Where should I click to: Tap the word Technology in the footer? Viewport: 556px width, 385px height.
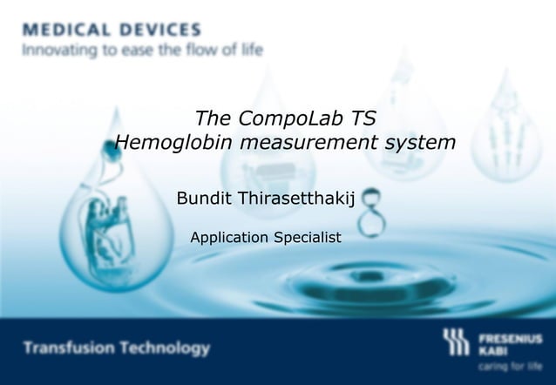[x=166, y=348]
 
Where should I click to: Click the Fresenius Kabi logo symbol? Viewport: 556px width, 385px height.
[x=456, y=342]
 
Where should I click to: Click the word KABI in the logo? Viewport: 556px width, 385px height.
[x=493, y=349]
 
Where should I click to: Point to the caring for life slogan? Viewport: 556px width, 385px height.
[x=510, y=367]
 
